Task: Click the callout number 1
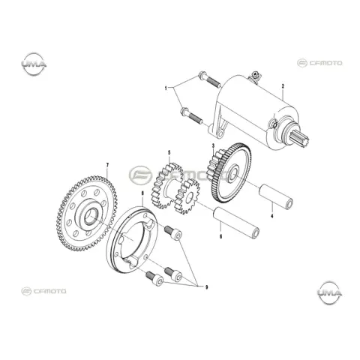click(166, 88)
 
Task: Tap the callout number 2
click(283, 86)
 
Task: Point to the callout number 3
click(213, 145)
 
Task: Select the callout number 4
click(272, 216)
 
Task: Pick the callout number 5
click(169, 152)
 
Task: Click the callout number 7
click(107, 165)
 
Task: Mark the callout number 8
click(142, 193)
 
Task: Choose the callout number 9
click(206, 287)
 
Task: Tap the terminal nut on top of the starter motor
click(256, 74)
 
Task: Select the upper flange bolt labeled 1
click(209, 79)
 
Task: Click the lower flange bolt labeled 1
click(192, 115)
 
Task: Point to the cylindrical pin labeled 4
click(276, 196)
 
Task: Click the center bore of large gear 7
click(91, 216)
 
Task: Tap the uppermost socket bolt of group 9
click(172, 232)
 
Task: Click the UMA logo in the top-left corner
click(34, 64)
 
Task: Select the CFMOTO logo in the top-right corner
click(319, 63)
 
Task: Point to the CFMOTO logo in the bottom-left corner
click(43, 291)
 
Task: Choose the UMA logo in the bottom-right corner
click(330, 292)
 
